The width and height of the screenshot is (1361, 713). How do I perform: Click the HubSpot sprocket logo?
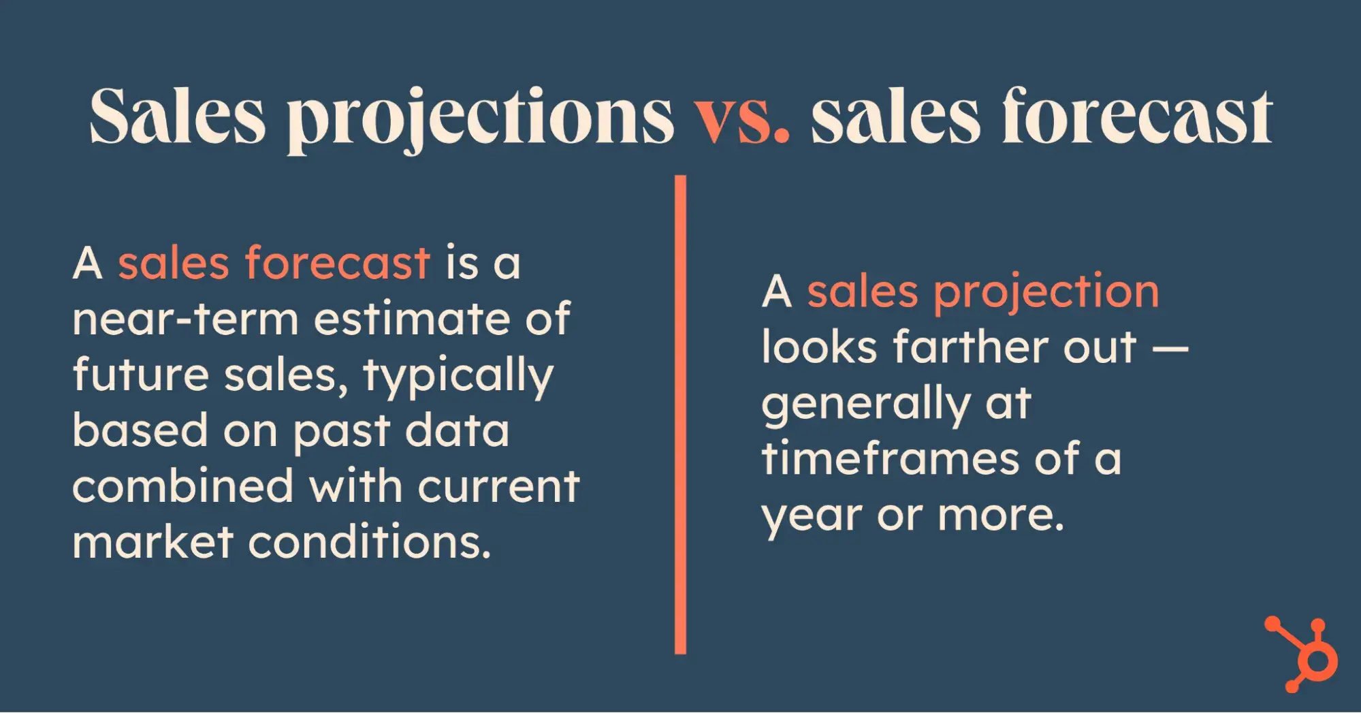click(x=1302, y=654)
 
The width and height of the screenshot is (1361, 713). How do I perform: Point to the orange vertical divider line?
click(x=680, y=414)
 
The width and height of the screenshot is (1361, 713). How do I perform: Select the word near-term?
click(x=185, y=319)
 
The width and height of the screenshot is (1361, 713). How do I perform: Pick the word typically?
click(x=458, y=377)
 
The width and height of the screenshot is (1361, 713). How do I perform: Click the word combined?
click(x=183, y=486)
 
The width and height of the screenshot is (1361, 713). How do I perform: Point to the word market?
click(x=153, y=542)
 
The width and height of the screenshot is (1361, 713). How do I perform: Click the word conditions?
click(x=370, y=542)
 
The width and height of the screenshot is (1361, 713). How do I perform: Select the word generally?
click(x=865, y=405)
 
